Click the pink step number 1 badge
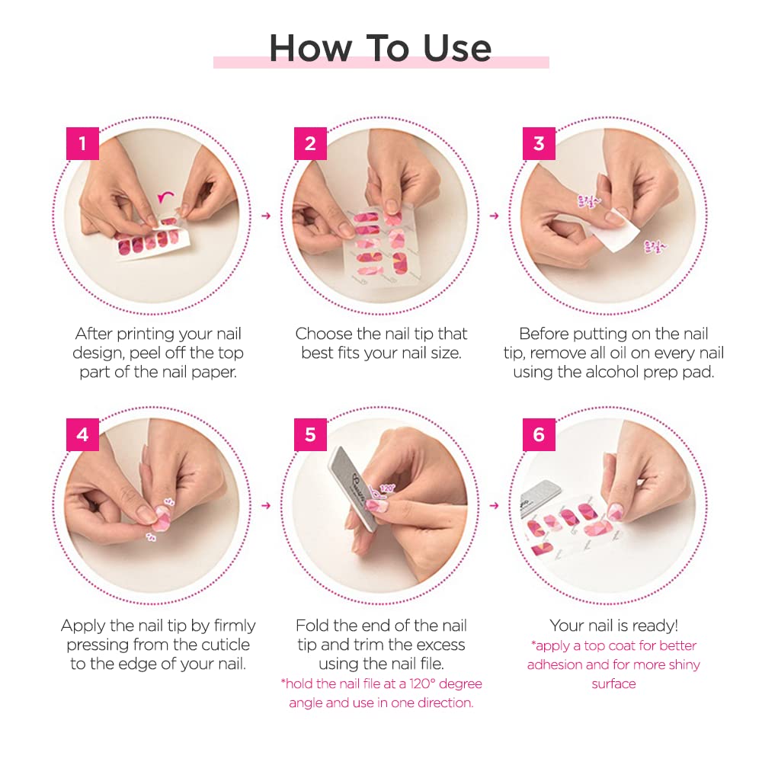tap(82, 143)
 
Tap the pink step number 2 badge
tap(310, 143)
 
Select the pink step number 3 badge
tap(539, 143)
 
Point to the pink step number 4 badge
tap(82, 434)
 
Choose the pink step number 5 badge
tap(310, 434)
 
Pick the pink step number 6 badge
tap(539, 434)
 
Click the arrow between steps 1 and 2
tap(266, 216)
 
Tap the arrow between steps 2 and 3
tap(494, 216)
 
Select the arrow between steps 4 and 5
tap(266, 505)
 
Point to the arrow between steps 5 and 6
tap(494, 505)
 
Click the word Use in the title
tap(454, 48)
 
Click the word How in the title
tap(309, 48)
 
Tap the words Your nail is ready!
tap(613, 626)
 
